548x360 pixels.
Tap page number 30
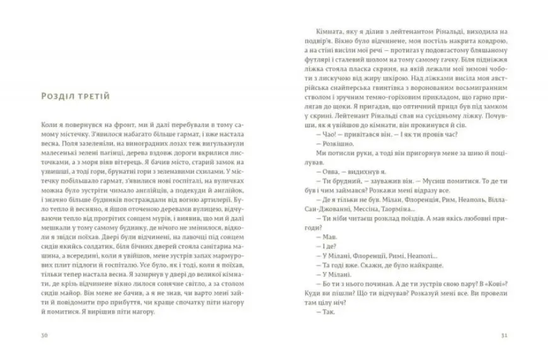[x=44, y=334]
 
